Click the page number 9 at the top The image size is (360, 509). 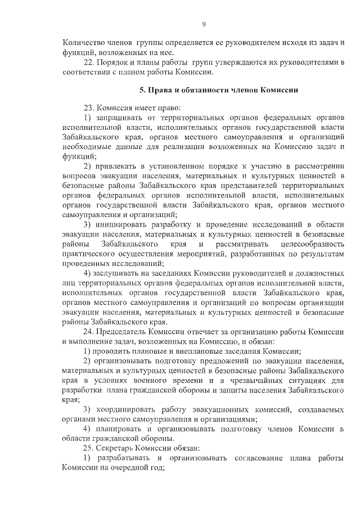pos(204,24)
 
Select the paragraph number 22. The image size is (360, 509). pos(88,61)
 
